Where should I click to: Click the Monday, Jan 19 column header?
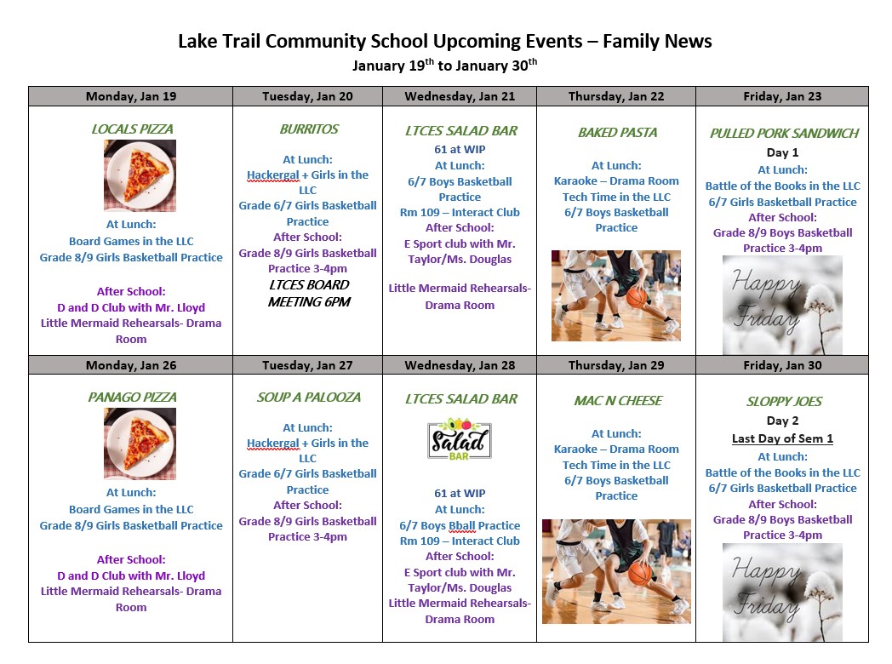130,96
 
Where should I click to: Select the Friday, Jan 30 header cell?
781,365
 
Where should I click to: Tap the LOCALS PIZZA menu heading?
132,129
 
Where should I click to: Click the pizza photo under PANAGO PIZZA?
140,443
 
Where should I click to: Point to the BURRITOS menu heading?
308,129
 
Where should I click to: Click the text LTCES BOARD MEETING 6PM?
308,294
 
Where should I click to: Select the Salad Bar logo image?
460,439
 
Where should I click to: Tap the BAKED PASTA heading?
617,132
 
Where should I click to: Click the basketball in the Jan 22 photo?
638,297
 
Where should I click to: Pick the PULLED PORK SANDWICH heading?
784,133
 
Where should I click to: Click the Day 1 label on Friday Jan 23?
782,152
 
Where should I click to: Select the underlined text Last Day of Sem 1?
782,438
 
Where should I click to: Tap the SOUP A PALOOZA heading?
308,398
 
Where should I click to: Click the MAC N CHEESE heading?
617,400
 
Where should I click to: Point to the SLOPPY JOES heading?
782,401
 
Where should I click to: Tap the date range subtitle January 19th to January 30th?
444,65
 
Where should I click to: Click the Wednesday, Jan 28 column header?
460,365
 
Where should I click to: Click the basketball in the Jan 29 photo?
639,572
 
